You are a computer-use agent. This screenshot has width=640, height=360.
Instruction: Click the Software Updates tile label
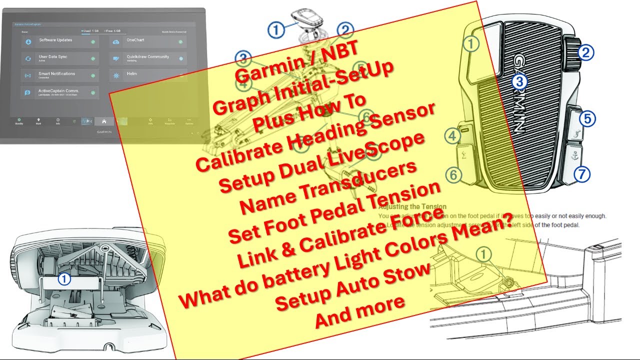click(55, 40)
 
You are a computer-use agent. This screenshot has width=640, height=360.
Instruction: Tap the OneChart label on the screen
click(135, 40)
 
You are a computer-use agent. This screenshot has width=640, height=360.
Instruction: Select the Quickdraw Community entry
click(148, 57)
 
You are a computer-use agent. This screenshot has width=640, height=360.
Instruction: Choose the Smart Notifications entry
click(57, 74)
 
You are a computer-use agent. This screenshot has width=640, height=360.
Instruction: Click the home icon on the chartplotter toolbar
click(103, 121)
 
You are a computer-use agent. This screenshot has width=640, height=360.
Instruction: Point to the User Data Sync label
click(53, 57)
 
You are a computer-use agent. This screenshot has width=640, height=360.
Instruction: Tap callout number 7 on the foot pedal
click(582, 174)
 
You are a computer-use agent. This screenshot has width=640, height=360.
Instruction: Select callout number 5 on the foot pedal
click(587, 119)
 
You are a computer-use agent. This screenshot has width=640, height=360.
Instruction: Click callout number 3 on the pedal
click(519, 82)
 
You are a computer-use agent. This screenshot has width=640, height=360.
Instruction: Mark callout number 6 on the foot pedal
click(453, 175)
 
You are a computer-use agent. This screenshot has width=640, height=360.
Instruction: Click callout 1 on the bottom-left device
click(64, 279)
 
